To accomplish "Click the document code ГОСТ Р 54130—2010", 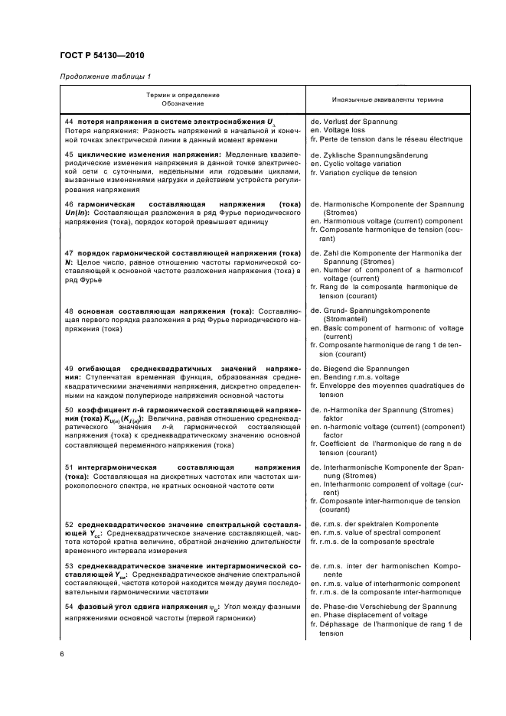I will point(102,56).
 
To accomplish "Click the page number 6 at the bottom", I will point(62,653).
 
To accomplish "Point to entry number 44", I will point(69,122).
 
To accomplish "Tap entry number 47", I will point(69,252).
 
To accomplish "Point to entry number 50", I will point(69,411).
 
